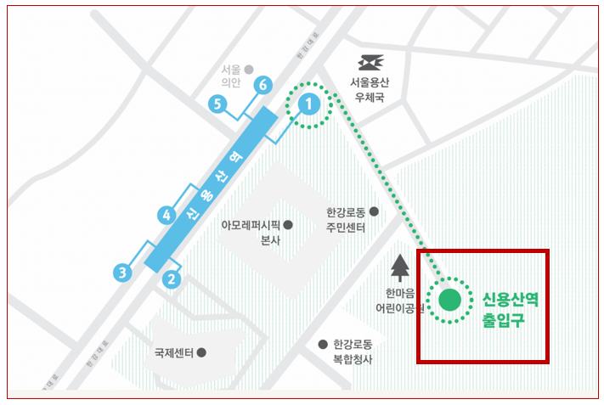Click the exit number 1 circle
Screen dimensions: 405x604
tap(310, 104)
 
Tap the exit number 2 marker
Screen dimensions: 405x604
tap(172, 278)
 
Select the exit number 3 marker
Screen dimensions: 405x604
tap(123, 273)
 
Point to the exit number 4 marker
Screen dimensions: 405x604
tap(167, 215)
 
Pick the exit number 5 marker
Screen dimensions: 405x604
tap(218, 104)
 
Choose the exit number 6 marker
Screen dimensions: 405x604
tap(263, 85)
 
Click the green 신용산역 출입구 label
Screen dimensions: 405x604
tap(510, 310)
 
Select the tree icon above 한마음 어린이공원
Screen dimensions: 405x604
tap(399, 267)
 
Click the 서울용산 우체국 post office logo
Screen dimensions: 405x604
tap(370, 63)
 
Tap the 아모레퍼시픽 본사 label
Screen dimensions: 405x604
tap(255, 233)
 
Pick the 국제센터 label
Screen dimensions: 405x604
tap(174, 352)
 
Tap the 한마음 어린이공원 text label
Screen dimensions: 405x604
tap(395, 301)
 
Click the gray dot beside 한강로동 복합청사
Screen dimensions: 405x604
tap(323, 345)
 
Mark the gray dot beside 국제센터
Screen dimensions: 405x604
tap(201, 352)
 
